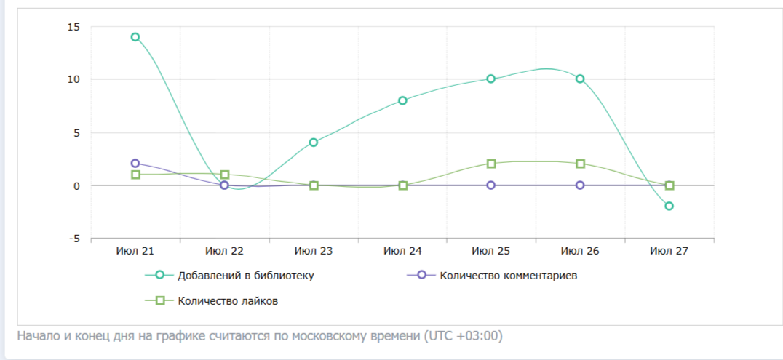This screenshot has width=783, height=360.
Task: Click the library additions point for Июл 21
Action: pos(135,37)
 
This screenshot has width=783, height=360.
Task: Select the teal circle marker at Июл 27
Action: pos(669,206)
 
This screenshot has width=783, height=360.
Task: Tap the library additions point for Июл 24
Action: pos(402,100)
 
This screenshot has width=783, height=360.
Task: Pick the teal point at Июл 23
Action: pos(314,143)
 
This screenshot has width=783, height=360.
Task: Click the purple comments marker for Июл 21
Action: pos(135,164)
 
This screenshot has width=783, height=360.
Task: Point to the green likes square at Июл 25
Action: pos(491,164)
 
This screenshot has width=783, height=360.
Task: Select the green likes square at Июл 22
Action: pos(225,175)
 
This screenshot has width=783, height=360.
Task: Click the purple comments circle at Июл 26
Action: pos(580,185)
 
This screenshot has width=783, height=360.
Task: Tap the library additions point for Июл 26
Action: pos(580,79)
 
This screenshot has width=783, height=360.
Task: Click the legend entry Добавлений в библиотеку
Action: pos(246,276)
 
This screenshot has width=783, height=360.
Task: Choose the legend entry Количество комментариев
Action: pos(509,276)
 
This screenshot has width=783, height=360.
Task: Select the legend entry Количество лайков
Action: pos(228,301)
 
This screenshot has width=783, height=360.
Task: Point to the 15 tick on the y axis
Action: pos(74,27)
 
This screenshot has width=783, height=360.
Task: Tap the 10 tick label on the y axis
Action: pos(74,79)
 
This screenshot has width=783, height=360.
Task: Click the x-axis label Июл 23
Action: pos(313,251)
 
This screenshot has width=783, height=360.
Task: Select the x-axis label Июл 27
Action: pos(669,251)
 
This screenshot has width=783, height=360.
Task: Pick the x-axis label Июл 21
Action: pos(135,251)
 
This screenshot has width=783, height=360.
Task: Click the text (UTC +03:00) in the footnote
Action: pos(463,336)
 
